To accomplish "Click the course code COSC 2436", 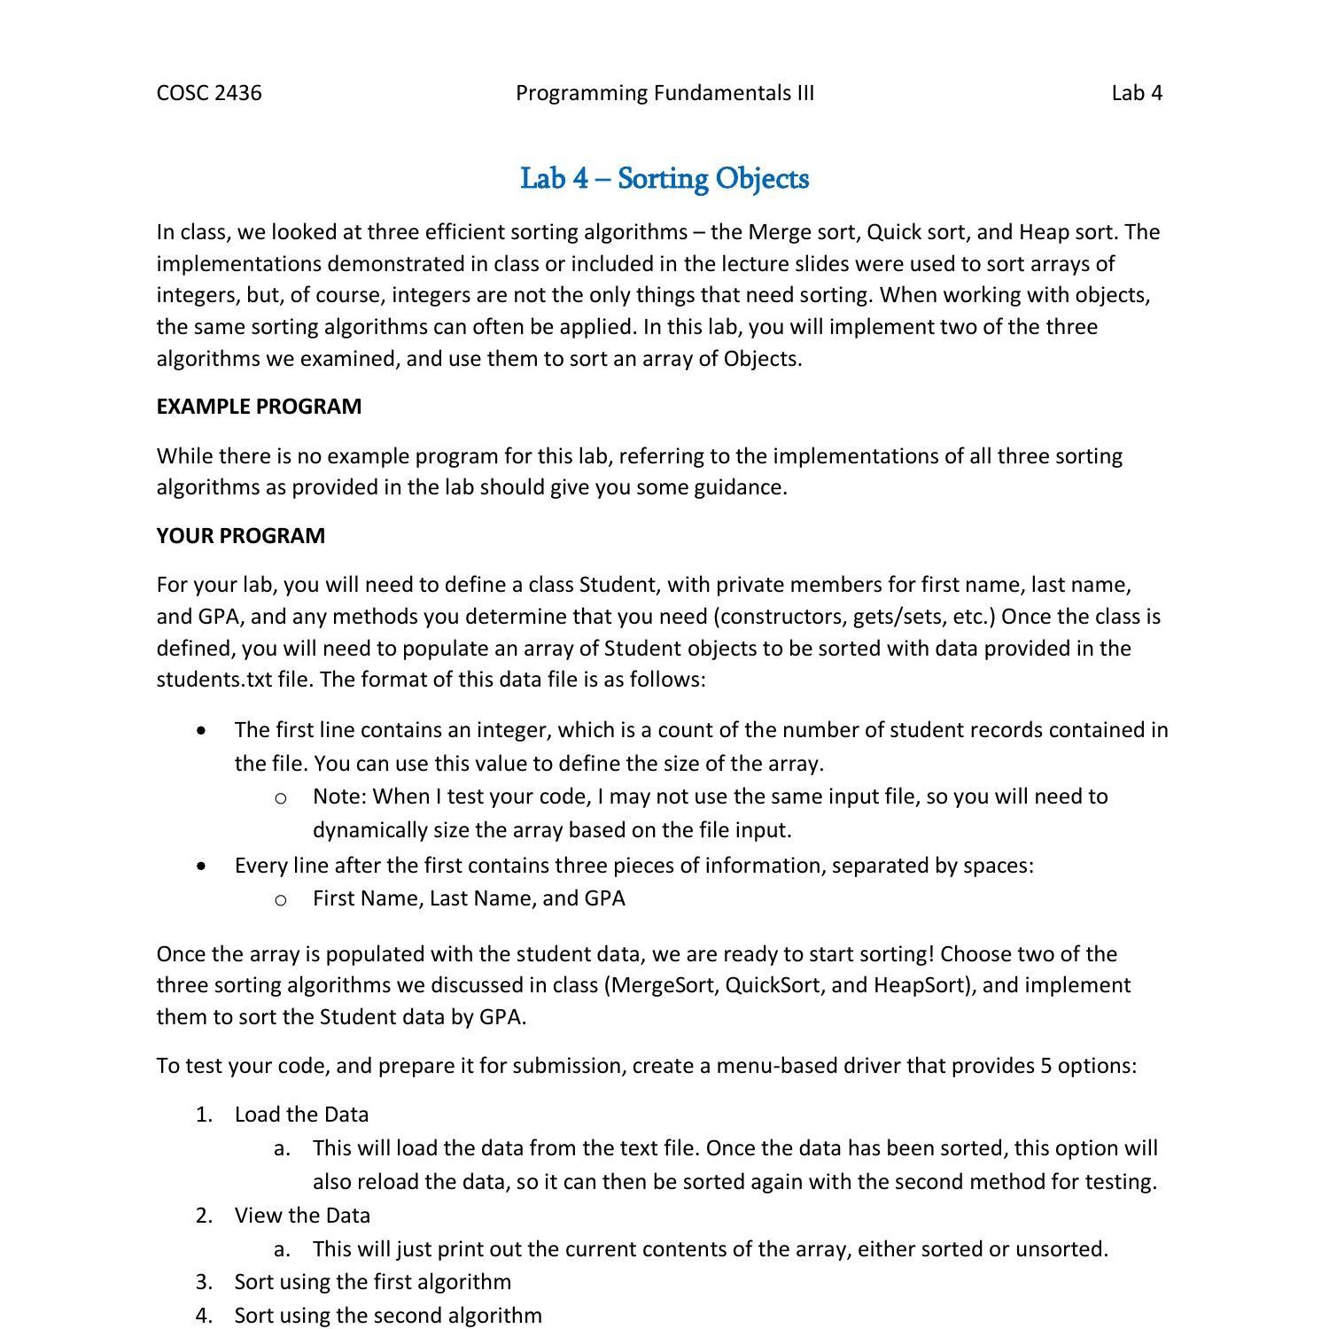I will pyautogui.click(x=209, y=93).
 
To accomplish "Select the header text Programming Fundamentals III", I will pyautogui.click(x=664, y=93).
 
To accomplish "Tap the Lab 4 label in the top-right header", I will pyautogui.click(x=1137, y=93).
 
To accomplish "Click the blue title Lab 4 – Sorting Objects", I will pyautogui.click(x=664, y=178).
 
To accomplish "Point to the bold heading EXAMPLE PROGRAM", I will pyautogui.click(x=259, y=407).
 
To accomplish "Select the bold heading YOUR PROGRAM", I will pyautogui.click(x=241, y=536).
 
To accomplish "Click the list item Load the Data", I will pyautogui.click(x=301, y=1115).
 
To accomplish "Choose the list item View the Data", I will pyautogui.click(x=302, y=1216).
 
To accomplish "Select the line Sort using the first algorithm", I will pyautogui.click(x=372, y=1282).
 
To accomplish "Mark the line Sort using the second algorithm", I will pyautogui.click(x=388, y=1316).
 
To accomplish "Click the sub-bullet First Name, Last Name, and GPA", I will pyautogui.click(x=469, y=898).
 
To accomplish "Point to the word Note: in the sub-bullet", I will pyautogui.click(x=339, y=797).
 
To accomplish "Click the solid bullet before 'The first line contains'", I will pyautogui.click(x=205, y=731).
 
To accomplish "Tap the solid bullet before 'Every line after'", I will pyautogui.click(x=205, y=866).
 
